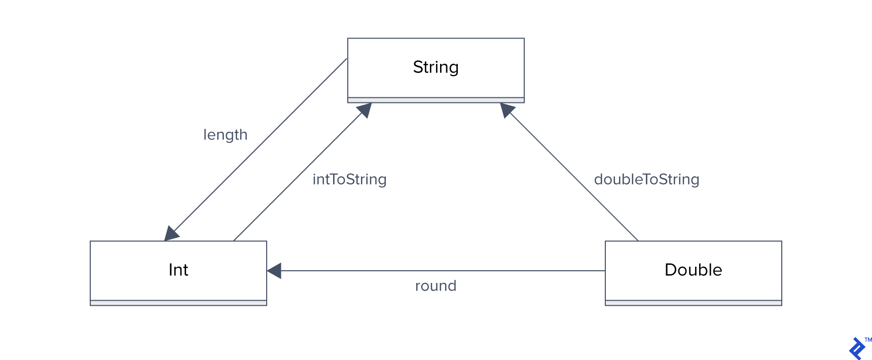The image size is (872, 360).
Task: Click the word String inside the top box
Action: [435, 67]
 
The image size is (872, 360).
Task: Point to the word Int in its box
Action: [178, 270]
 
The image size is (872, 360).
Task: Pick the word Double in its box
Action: [693, 270]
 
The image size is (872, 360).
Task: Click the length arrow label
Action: [225, 135]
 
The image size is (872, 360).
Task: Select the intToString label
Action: [349, 179]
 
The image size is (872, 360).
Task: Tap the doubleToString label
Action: [646, 179]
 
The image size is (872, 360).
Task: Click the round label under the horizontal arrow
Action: [435, 286]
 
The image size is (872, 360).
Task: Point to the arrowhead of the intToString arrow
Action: [365, 109]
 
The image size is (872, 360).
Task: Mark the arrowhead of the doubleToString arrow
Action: [506, 109]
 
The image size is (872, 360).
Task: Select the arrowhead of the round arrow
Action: [274, 271]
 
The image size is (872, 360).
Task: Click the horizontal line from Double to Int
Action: [441, 271]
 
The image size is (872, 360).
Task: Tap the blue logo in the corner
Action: [857, 349]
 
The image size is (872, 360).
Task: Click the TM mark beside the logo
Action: [868, 340]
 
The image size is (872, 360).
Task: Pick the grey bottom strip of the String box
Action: [435, 100]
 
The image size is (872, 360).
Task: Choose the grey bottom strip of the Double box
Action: [693, 303]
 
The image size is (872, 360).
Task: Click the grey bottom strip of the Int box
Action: [178, 303]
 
